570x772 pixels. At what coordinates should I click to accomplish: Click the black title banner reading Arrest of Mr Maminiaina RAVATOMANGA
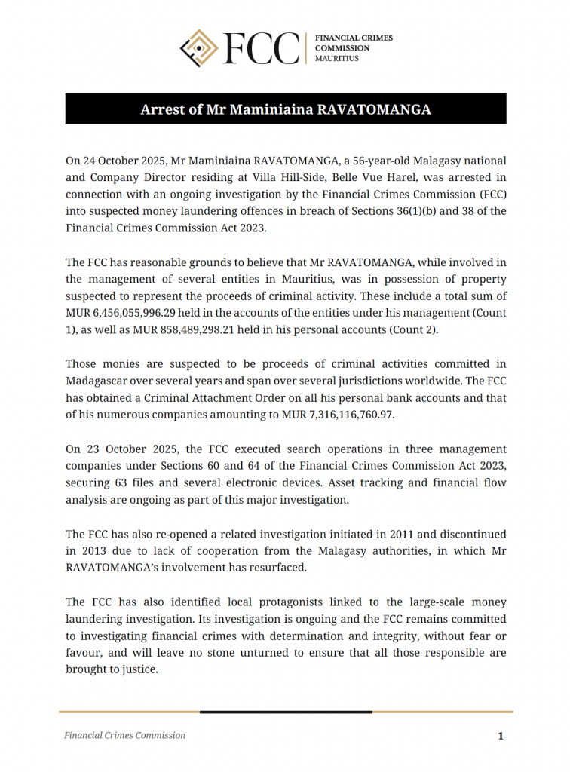(285, 109)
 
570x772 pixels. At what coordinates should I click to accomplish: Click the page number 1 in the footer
(500, 736)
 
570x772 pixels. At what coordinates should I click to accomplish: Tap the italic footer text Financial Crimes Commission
(124, 735)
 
